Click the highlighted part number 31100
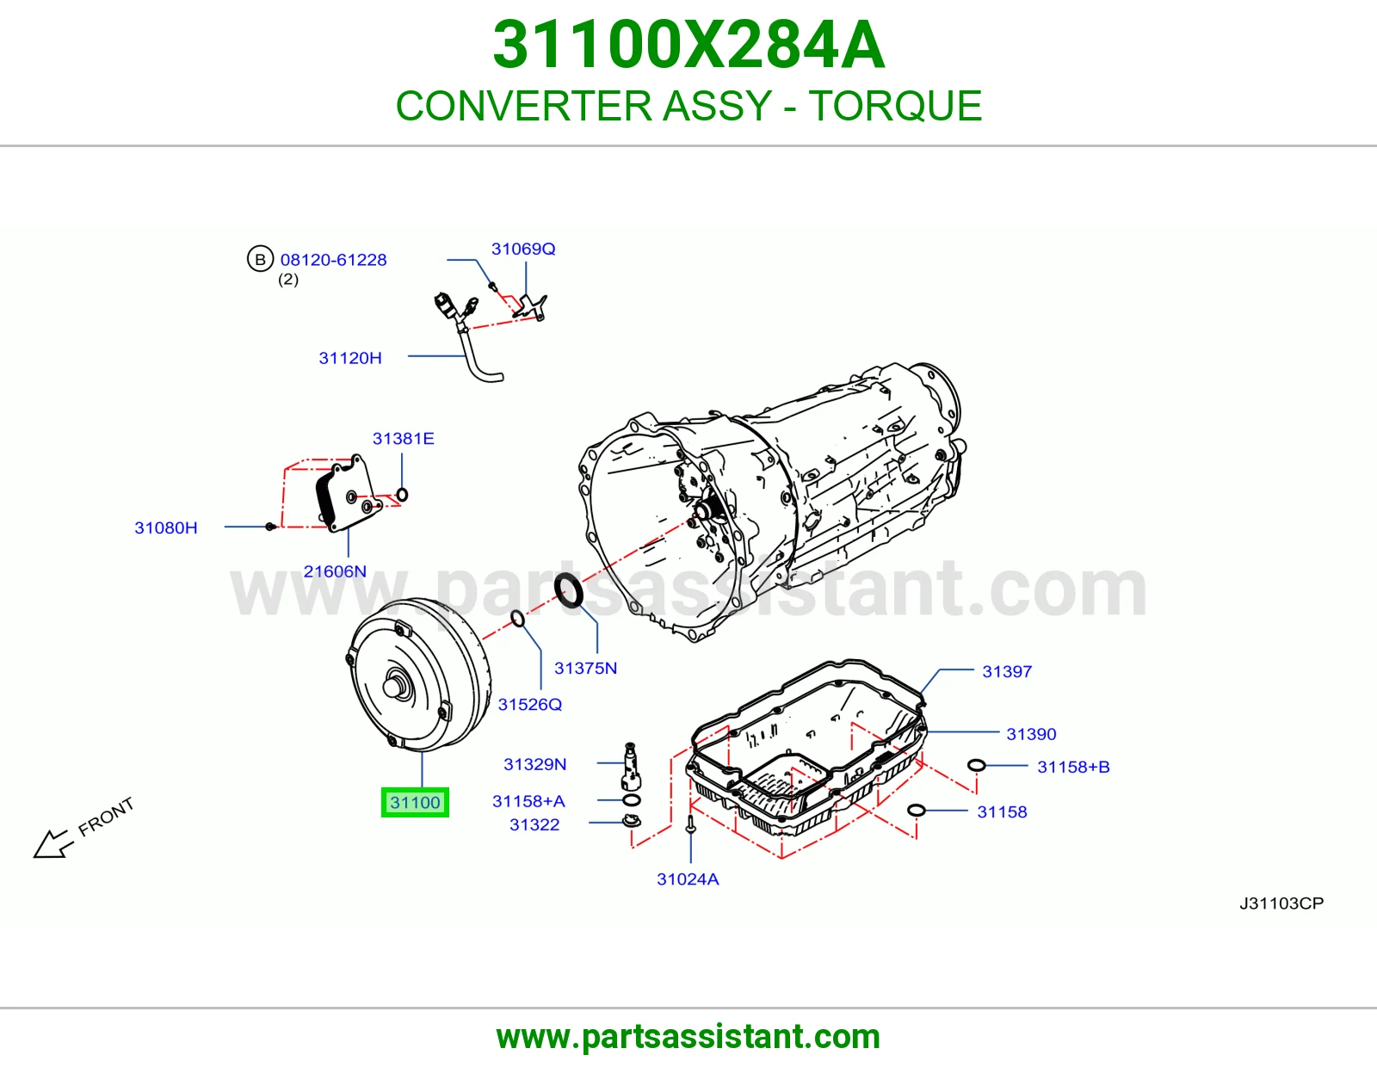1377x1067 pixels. coord(415,802)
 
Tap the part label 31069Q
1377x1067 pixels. coord(523,249)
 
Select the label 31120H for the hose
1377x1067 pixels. coord(349,358)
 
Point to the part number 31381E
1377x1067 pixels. coord(403,439)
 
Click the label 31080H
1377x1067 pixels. coord(166,527)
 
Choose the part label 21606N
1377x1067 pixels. coord(335,571)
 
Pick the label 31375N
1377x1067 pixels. coord(585,668)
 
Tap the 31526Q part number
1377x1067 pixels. coord(530,704)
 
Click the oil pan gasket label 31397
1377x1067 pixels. coord(1007,672)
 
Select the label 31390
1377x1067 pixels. coord(1031,734)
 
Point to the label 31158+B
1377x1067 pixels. coord(1073,767)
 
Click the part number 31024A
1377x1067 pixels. coord(688,879)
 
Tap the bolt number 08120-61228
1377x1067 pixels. coord(333,260)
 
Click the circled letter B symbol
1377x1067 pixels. coord(260,259)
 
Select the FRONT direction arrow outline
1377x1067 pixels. coord(51,843)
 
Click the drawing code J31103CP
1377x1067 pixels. coord(1281,903)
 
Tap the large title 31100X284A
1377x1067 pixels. coord(688,45)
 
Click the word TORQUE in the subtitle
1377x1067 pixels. coord(895,106)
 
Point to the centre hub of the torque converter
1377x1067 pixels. coord(395,687)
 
